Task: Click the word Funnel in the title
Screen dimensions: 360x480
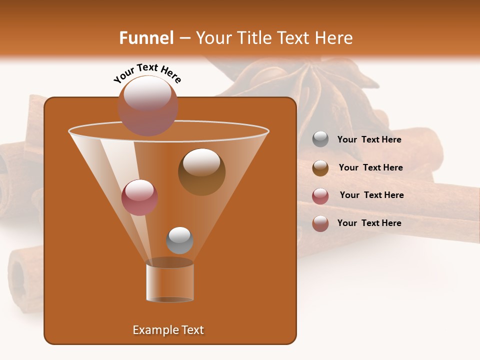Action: point(146,38)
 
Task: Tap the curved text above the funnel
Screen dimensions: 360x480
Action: point(147,73)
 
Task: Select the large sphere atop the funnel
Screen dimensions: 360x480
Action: point(148,105)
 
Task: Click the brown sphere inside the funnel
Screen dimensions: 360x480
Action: point(201,172)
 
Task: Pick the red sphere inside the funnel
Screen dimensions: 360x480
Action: point(139,197)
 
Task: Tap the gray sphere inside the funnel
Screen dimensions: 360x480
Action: point(179,240)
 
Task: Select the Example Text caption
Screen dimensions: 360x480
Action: point(168,330)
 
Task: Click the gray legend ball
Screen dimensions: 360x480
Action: point(320,139)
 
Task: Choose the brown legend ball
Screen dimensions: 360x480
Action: point(320,167)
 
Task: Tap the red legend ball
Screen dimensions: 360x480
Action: point(320,195)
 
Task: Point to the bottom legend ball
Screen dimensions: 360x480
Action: point(320,223)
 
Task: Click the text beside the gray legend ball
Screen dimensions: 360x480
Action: point(369,140)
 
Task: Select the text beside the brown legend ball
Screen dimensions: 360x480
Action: point(370,168)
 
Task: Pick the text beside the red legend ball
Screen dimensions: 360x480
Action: point(371,195)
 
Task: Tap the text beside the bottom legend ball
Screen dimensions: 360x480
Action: point(369,223)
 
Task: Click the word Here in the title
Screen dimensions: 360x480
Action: point(334,38)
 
